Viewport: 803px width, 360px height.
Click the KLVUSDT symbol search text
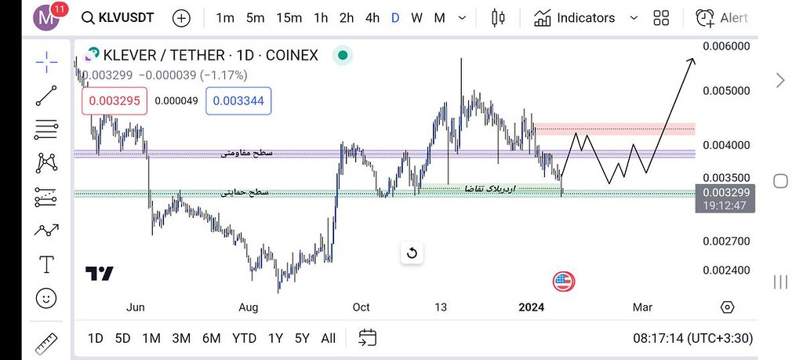click(x=127, y=17)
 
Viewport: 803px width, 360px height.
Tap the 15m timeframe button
click(x=289, y=17)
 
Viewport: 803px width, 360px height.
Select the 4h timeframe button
click(x=372, y=17)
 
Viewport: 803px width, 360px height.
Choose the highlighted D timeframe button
click(x=395, y=17)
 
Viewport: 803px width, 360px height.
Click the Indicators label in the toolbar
click(x=586, y=17)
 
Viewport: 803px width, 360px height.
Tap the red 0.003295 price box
click(x=114, y=100)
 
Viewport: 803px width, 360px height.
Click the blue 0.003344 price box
click(x=238, y=100)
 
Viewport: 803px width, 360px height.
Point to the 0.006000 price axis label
click(x=726, y=46)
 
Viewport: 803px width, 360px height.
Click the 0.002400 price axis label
click(x=726, y=270)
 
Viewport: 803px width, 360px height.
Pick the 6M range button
click(x=211, y=338)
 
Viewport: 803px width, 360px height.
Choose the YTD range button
click(x=244, y=338)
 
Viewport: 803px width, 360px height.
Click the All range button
click(x=328, y=338)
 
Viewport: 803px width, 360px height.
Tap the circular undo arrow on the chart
click(x=412, y=253)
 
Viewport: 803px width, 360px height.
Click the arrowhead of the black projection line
click(x=692, y=60)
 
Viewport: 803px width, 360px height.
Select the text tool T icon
click(x=46, y=264)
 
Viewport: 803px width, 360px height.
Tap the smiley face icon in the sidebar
click(x=46, y=298)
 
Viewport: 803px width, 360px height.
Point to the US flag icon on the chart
click(x=563, y=281)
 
